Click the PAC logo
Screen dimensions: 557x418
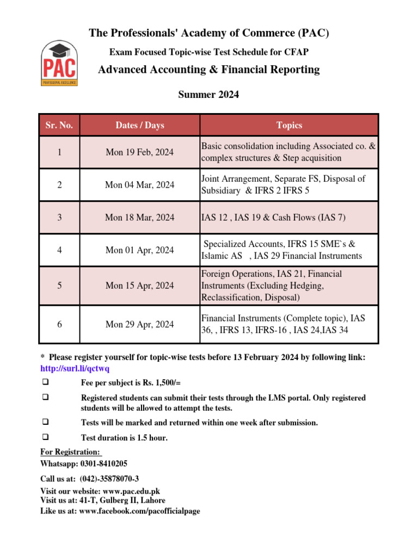pyautogui.click(x=59, y=64)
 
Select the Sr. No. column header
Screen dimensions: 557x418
pyautogui.click(x=59, y=125)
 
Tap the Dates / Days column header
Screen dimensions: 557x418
pyautogui.click(x=140, y=125)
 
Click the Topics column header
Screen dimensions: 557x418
pyautogui.click(x=289, y=125)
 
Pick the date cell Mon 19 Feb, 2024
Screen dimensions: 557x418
pyautogui.click(x=140, y=152)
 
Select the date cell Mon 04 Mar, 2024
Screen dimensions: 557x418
pyautogui.click(x=140, y=185)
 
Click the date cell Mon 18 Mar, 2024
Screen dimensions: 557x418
pyautogui.click(x=140, y=218)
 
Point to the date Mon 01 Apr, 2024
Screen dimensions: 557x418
pyautogui.click(x=140, y=250)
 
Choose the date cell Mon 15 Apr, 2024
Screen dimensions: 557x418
pyautogui.click(x=140, y=286)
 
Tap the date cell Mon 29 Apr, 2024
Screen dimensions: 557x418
pyautogui.click(x=140, y=325)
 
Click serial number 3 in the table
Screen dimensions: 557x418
pyautogui.click(x=59, y=218)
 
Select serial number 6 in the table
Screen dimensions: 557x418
pyautogui.click(x=59, y=325)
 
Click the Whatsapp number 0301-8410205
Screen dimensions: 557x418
pyautogui.click(x=104, y=464)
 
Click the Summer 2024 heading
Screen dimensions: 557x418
pyautogui.click(x=208, y=95)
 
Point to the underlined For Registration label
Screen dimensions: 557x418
pyautogui.click(x=71, y=452)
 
